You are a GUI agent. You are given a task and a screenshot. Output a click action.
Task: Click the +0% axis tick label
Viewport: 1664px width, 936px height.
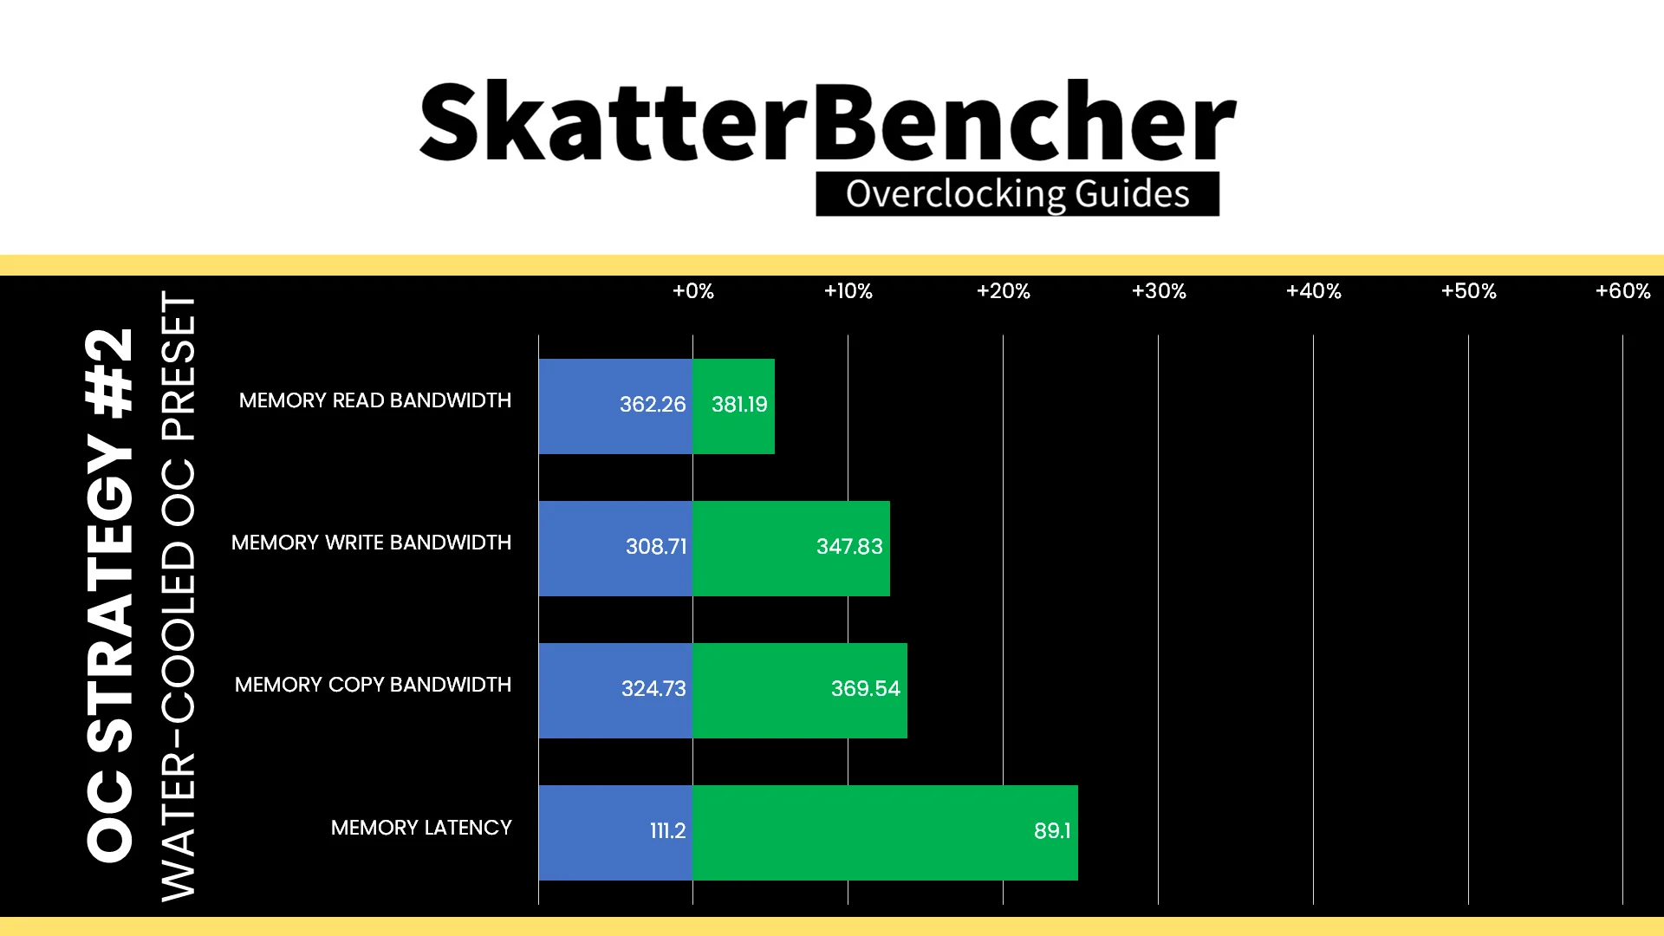693,291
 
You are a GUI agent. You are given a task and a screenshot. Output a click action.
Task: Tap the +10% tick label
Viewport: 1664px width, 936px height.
848,291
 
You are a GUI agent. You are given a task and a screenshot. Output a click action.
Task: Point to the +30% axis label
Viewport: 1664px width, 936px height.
1159,291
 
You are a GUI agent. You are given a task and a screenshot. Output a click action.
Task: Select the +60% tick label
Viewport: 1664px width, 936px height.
1623,291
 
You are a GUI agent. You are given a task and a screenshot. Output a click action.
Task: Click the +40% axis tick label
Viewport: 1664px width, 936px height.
1314,291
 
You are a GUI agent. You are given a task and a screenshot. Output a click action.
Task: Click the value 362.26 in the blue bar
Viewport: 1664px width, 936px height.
653,405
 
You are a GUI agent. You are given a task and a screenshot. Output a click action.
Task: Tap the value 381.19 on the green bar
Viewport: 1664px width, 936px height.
739,405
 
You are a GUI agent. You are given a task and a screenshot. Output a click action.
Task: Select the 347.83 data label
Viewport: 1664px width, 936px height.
849,547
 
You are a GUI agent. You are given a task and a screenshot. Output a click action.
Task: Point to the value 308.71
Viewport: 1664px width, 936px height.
656,547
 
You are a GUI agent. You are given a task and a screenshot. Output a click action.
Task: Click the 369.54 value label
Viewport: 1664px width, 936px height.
866,689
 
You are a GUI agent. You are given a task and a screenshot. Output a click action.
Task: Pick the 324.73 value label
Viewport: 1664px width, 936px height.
653,689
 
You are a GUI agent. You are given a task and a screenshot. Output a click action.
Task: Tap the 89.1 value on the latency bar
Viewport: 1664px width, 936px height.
1052,831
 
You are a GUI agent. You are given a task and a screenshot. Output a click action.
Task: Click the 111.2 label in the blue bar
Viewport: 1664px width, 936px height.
668,831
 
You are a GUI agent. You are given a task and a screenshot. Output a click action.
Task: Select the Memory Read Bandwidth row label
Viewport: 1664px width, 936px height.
375,400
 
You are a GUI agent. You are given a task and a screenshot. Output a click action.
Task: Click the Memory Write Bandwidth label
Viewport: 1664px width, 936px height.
372,543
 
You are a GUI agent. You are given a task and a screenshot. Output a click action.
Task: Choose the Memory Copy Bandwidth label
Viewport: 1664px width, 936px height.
374,685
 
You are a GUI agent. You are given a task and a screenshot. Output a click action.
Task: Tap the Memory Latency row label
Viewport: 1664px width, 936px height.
421,828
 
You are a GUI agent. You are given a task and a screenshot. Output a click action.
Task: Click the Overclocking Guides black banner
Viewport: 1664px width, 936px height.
1017,193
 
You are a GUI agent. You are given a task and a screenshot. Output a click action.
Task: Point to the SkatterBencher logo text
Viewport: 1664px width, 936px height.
828,121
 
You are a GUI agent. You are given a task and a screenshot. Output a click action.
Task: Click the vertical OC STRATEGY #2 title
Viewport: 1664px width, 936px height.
111,595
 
